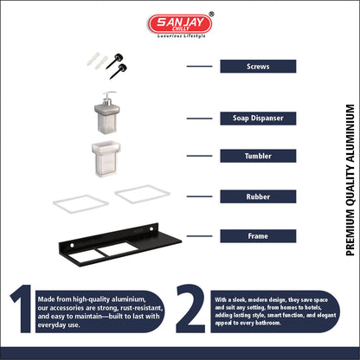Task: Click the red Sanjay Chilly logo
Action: (180, 23)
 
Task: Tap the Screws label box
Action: (258, 67)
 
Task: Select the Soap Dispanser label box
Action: (258, 119)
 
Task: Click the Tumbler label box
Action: (258, 156)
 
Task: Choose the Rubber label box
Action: (258, 196)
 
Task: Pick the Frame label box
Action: (258, 236)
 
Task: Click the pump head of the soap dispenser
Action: (109, 98)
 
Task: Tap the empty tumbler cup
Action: (106, 159)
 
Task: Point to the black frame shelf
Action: (119, 245)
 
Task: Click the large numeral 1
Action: (22, 308)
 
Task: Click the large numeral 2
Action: (190, 308)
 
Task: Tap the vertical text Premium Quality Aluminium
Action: (350, 180)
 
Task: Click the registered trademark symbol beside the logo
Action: (211, 14)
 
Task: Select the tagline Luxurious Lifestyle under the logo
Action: (182, 36)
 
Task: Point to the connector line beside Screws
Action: (199, 67)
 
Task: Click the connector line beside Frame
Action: (199, 236)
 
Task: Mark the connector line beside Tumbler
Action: (199, 156)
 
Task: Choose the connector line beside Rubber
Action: (199, 196)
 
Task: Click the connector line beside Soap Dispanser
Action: (199, 119)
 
